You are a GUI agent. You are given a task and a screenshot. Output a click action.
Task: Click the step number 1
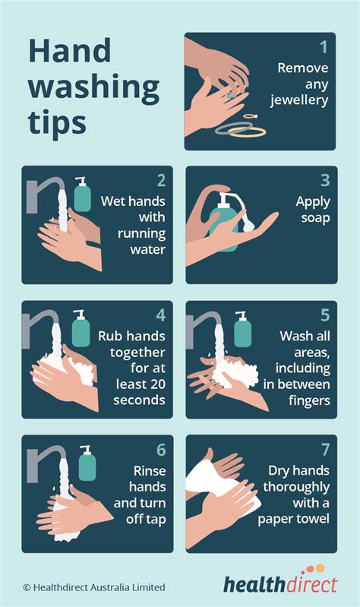323,47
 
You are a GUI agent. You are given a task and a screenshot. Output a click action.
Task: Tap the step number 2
160,181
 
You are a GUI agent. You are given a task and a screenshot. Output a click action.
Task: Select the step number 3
324,181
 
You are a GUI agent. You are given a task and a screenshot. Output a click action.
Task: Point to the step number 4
160,315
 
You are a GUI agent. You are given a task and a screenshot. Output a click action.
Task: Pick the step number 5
324,315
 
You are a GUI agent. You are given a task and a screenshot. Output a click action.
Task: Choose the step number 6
160,449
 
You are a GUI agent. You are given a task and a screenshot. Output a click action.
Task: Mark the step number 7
324,449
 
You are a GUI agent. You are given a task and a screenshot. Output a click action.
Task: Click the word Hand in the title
70,52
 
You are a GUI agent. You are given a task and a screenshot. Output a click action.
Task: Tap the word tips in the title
58,121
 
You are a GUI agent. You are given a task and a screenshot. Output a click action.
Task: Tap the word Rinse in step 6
148,470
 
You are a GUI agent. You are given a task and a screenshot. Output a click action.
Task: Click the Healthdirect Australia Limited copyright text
93,586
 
